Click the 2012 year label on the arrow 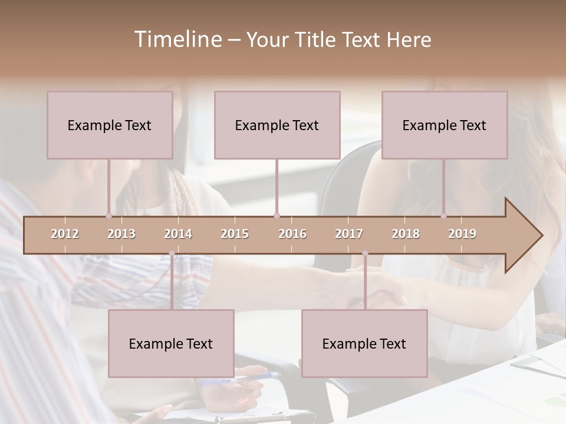pyautogui.click(x=65, y=234)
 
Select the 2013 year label pyautogui.click(x=121, y=234)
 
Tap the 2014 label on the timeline pyautogui.click(x=178, y=234)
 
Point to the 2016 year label pyautogui.click(x=292, y=234)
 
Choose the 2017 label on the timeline pyautogui.click(x=349, y=234)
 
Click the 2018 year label pyautogui.click(x=406, y=234)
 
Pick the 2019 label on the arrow pyautogui.click(x=462, y=234)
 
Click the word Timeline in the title pyautogui.click(x=177, y=39)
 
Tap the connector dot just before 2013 pyautogui.click(x=108, y=216)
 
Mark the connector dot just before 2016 pyautogui.click(x=277, y=216)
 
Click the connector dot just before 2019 pyautogui.click(x=444, y=216)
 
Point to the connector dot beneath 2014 pyautogui.click(x=172, y=253)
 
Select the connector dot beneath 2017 pyautogui.click(x=365, y=253)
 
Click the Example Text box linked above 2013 pyautogui.click(x=110, y=125)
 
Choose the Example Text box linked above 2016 pyautogui.click(x=277, y=125)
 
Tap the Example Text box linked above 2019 pyautogui.click(x=445, y=125)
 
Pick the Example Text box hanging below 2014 pyautogui.click(x=171, y=343)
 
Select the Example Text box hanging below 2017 pyautogui.click(x=364, y=343)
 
